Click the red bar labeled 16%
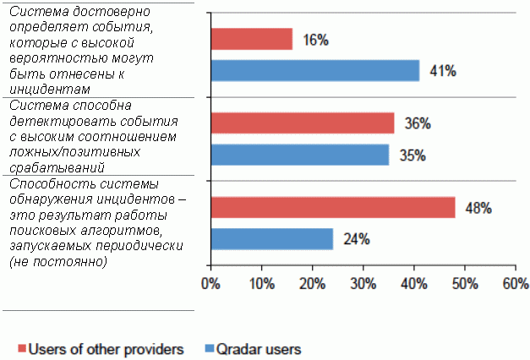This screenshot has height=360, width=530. pyautogui.click(x=251, y=39)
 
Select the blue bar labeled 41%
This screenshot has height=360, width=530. pyautogui.click(x=314, y=70)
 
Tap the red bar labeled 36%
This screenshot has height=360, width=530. pyautogui.click(x=302, y=123)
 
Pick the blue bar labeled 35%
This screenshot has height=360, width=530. pyautogui.click(x=299, y=155)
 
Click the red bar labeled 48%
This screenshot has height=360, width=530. pyautogui.click(x=332, y=207)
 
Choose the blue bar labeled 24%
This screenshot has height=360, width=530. pyautogui.click(x=271, y=238)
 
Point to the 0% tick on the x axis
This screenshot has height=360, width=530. pyautogui.click(x=210, y=284)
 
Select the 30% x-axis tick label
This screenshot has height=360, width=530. pyautogui.click(x=363, y=284)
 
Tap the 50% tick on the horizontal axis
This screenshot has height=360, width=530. pyautogui.click(x=465, y=284)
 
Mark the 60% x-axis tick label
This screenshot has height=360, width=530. pyautogui.click(x=515, y=284)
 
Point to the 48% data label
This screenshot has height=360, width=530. pyautogui.click(x=478, y=208)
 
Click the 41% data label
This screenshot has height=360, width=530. pyautogui.click(x=443, y=71)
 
